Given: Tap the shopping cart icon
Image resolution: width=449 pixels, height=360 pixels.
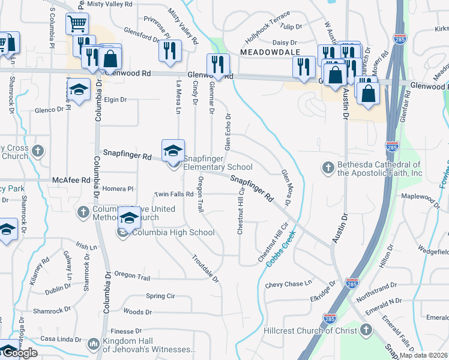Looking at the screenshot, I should [77, 25].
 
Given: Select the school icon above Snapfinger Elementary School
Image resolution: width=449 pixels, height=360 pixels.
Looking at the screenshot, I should [173, 151].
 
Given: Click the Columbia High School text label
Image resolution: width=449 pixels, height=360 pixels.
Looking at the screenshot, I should [173, 233].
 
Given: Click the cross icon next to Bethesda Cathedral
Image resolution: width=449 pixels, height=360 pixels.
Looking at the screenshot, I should [328, 168].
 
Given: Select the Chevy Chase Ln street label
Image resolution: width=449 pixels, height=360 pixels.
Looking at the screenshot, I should [289, 284].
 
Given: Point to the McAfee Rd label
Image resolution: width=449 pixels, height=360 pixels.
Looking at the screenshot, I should [71, 179].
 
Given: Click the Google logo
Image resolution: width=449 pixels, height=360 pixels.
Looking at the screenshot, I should [19, 353].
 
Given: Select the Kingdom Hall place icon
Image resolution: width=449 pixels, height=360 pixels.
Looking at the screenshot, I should [93, 344].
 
